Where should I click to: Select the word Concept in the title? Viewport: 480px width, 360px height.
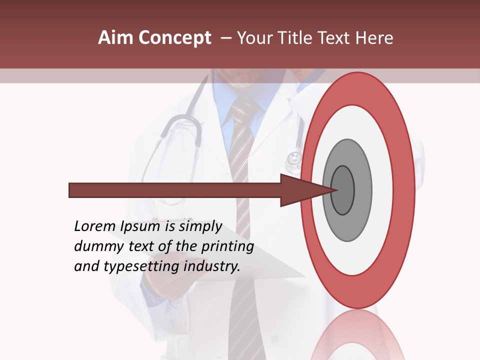[x=174, y=38]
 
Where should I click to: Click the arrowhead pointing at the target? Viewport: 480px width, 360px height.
[x=300, y=190]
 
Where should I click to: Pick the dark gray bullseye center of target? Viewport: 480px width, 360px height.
[x=343, y=190]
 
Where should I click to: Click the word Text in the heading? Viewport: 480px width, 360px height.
[x=337, y=38]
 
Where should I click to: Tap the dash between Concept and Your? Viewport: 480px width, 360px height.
[x=225, y=38]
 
